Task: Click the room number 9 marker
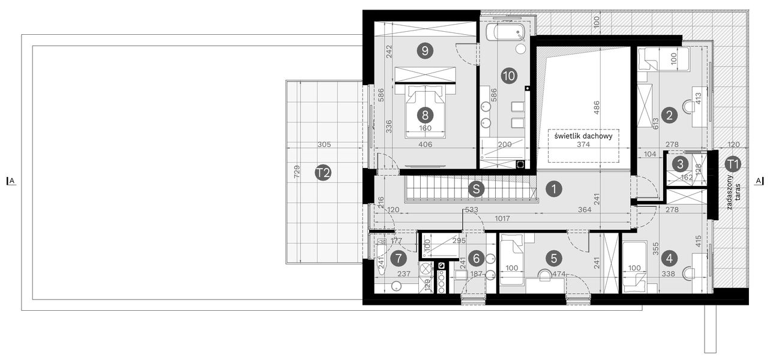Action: click(425, 51)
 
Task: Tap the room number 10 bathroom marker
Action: click(508, 76)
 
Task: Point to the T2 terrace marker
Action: click(323, 173)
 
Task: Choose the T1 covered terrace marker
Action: click(733, 163)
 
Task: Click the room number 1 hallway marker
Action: click(554, 188)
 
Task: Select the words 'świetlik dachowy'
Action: click(583, 136)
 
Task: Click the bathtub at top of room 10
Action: click(505, 32)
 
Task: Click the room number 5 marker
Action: click(554, 259)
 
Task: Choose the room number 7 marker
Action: click(397, 259)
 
